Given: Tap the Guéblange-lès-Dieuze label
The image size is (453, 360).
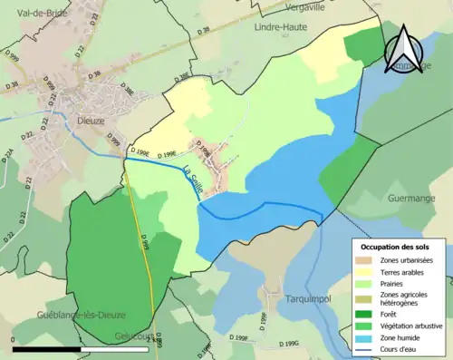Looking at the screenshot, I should coord(52,315).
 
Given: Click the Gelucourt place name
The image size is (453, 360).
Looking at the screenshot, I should coord(133,336).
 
